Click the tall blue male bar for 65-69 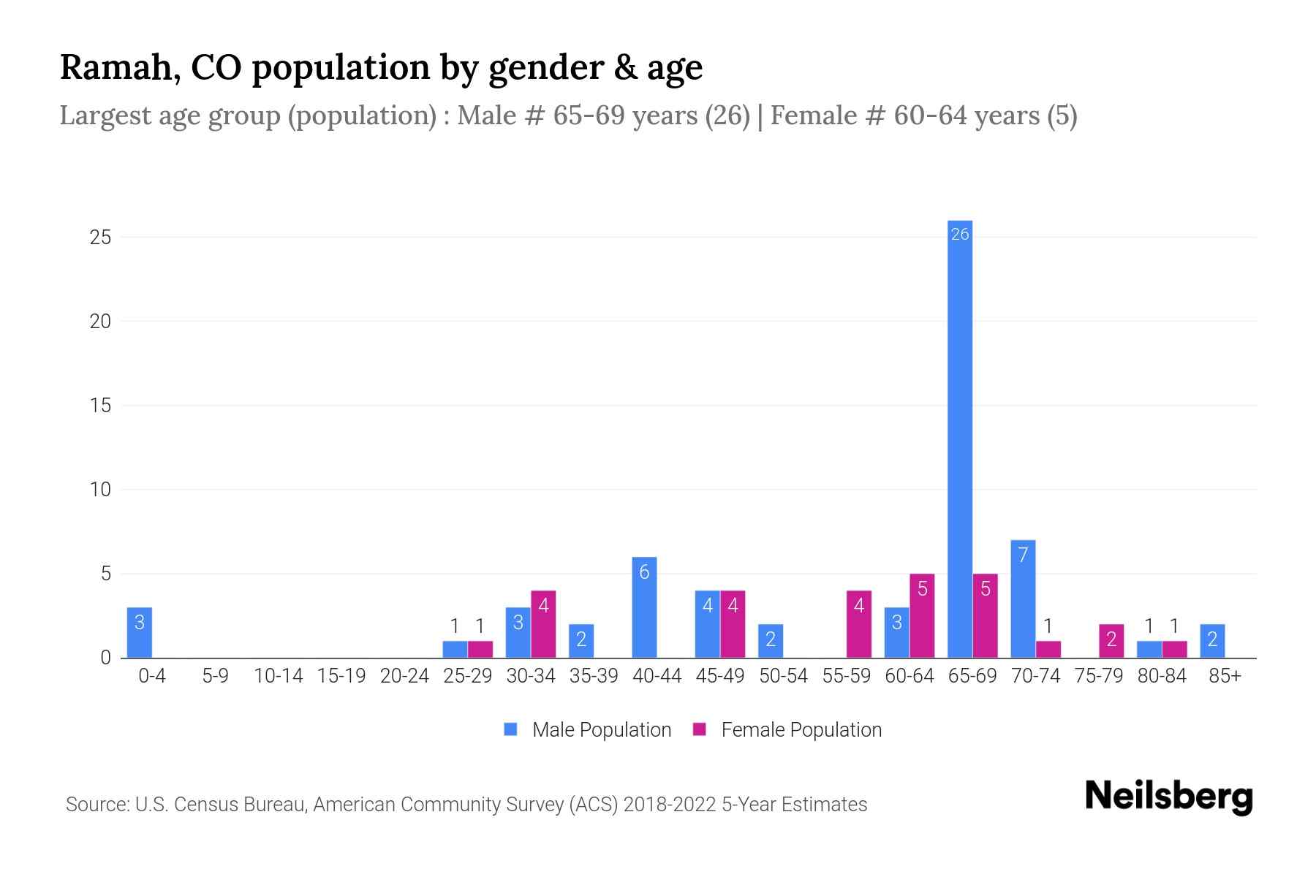[x=959, y=438]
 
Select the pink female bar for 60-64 [x=922, y=616]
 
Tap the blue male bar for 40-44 [x=644, y=607]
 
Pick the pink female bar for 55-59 [x=859, y=624]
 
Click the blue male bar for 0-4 [x=140, y=633]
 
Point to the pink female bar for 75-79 [x=1111, y=641]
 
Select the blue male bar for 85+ [x=1212, y=641]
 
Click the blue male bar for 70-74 [x=1023, y=599]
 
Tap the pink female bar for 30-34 [x=543, y=624]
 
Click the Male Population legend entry [x=588, y=729]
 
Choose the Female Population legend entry [x=787, y=729]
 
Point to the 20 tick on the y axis [x=100, y=322]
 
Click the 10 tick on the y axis [x=100, y=490]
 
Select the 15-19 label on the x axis [x=341, y=676]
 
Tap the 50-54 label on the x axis [x=783, y=676]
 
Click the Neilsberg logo [x=1168, y=797]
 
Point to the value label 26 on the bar [x=959, y=234]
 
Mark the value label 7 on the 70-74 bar [x=1023, y=555]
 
